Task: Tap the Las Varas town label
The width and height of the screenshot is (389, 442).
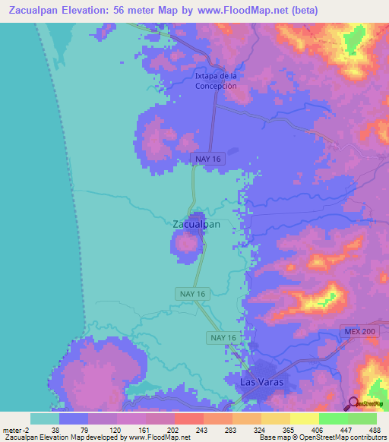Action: (261, 382)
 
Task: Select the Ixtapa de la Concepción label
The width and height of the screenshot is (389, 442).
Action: (216, 81)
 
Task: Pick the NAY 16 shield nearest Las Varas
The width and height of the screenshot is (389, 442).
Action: (223, 337)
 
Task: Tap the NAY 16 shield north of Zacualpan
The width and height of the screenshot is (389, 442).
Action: (207, 157)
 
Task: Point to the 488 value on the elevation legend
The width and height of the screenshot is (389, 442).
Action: (373, 429)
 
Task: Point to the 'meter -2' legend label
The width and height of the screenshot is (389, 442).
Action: (16, 429)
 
